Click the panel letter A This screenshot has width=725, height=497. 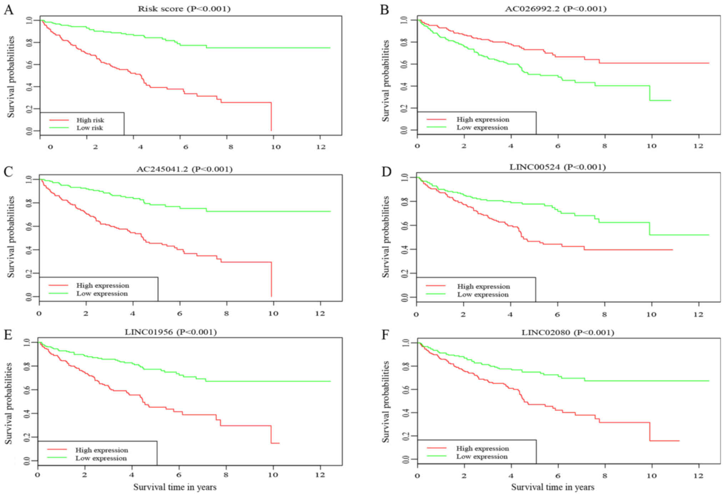pos(9,10)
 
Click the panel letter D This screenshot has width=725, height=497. pos(386,172)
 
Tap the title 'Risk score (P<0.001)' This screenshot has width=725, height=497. pos(184,9)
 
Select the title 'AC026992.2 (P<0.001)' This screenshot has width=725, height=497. pos(555,9)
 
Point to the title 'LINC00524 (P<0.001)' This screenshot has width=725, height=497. pos(557,167)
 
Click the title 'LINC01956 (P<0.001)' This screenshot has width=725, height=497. pos(171,332)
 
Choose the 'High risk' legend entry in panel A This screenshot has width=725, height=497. pos(90,120)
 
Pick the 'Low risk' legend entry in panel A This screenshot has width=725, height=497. pos(90,128)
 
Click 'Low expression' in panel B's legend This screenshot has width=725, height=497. pos(482,128)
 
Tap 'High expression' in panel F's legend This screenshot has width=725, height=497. pos(482,448)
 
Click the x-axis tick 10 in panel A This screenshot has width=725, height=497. pos(276,147)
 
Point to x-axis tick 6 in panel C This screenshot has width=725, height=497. pos(180,314)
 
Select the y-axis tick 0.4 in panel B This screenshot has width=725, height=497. pos(404,86)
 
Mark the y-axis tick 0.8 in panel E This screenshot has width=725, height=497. pos(26,366)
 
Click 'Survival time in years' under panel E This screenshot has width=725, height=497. pos(175,487)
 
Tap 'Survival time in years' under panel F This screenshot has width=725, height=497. pos(553,487)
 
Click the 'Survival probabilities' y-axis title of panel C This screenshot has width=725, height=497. pos(11,237)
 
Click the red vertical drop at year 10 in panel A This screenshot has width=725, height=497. pos(271,117)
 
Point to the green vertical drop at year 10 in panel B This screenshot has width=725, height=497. pos(650,93)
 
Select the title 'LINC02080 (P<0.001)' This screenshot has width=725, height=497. pos(568,333)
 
